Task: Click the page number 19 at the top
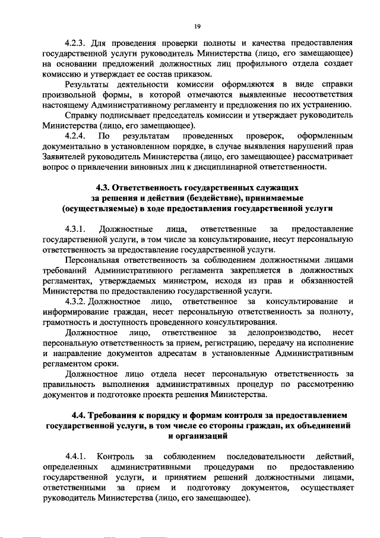point(197,26)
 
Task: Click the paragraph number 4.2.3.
point(76,43)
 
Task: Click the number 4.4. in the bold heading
point(80,414)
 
